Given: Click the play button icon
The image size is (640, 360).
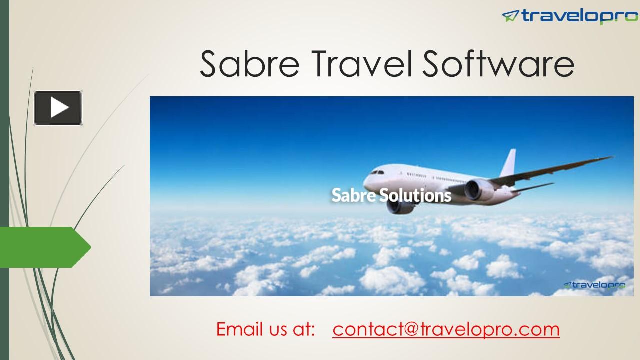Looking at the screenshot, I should [58, 107].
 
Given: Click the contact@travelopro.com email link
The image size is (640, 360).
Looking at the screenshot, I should [446, 329].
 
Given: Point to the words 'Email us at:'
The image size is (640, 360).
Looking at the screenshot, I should [265, 329].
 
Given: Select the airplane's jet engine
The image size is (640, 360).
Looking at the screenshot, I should [480, 190].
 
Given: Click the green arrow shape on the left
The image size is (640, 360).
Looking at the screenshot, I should [45, 247].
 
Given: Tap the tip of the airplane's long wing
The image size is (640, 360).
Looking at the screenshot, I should [610, 158].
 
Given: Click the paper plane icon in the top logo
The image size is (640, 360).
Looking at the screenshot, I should [510, 16].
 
